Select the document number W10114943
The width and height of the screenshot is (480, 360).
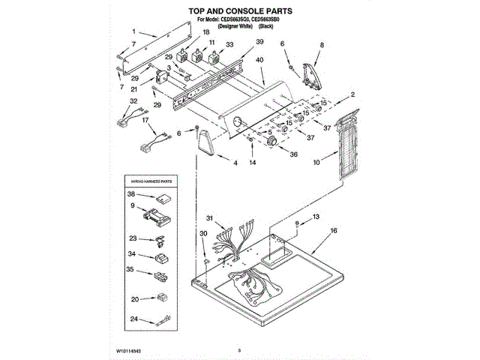click(x=129, y=350)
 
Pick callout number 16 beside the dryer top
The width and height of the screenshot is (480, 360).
click(x=334, y=232)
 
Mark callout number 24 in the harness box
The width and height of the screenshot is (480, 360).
click(x=133, y=319)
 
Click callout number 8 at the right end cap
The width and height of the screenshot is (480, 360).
click(x=322, y=46)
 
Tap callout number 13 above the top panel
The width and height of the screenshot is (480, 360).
click(x=315, y=217)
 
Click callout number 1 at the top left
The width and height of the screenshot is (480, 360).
click(x=133, y=32)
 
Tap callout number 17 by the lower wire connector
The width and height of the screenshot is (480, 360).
click(x=144, y=120)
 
